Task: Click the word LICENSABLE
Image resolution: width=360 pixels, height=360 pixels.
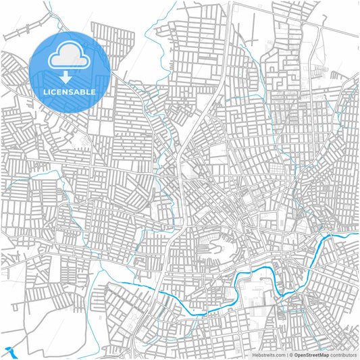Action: click(x=70, y=91)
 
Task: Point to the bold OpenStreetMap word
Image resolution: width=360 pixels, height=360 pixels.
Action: click(x=311, y=355)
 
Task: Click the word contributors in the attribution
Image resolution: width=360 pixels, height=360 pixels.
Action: click(x=344, y=355)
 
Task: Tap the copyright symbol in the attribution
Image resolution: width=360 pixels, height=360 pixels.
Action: click(x=290, y=355)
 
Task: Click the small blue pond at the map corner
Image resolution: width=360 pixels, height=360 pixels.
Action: click(x=9, y=351)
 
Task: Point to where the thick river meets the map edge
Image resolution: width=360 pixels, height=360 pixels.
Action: click(x=357, y=233)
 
